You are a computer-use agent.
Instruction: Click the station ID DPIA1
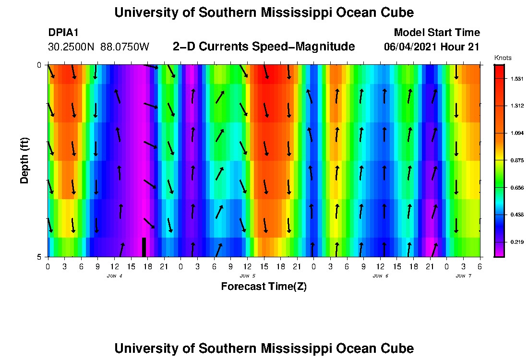point(63,33)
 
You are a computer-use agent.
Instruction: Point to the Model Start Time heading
point(436,33)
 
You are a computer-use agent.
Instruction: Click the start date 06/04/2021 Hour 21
point(432,47)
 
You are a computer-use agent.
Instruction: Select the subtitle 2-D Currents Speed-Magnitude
point(264,47)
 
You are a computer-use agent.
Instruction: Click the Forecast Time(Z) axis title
point(264,287)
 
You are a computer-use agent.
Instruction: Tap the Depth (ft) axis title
point(24,160)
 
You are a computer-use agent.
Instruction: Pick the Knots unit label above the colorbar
point(503,58)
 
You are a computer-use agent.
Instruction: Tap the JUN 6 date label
point(380,276)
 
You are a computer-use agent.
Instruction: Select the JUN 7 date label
point(463,276)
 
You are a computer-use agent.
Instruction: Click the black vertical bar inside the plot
point(144,247)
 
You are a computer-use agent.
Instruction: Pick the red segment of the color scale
point(499,72)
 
